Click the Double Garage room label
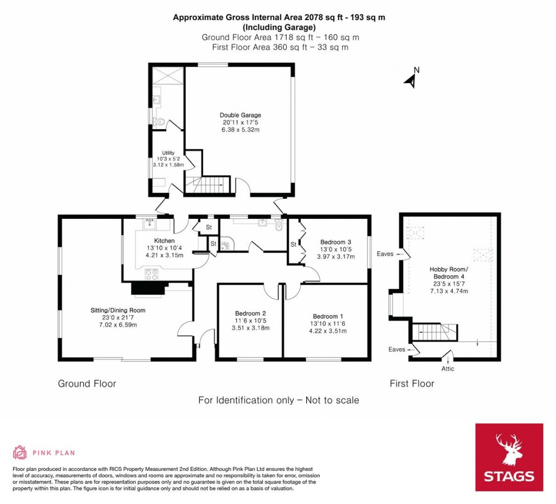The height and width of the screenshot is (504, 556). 240,115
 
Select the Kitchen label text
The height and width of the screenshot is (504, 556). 164,241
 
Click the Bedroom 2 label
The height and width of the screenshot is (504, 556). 250,313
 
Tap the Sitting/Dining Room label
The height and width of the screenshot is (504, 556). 118,311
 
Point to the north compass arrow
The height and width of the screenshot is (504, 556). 412,79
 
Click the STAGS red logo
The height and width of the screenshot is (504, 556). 509,457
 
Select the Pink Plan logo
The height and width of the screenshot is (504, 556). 44,452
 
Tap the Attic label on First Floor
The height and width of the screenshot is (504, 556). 447,369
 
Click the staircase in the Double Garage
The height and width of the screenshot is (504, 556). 208,185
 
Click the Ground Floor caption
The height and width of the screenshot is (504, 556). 87,384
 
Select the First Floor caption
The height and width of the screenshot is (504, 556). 412,384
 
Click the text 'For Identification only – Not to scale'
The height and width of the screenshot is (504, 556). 279,400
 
